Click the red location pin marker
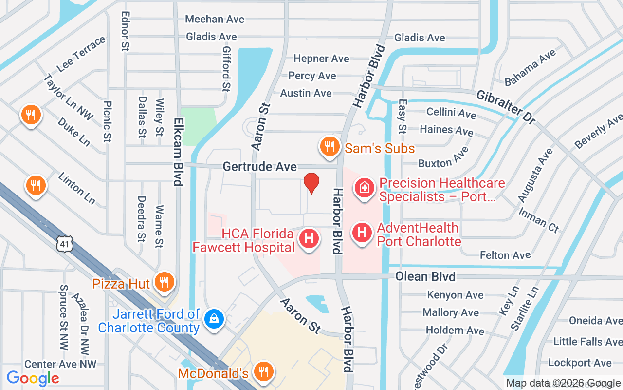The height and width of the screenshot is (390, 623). pyautogui.click(x=311, y=183)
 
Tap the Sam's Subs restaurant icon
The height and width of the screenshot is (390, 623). pyautogui.click(x=330, y=146)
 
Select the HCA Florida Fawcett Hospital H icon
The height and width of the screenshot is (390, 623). pyautogui.click(x=309, y=239)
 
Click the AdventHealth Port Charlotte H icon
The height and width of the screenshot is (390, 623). pyautogui.click(x=362, y=233)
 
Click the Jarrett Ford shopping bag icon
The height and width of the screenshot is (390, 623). pyautogui.click(x=213, y=319)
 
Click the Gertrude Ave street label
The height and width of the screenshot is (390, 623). pyautogui.click(x=259, y=167)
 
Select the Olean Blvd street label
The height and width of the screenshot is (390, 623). pyautogui.click(x=425, y=276)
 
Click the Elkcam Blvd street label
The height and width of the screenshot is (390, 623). pyautogui.click(x=178, y=152)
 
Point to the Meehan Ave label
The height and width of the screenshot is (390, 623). pyautogui.click(x=215, y=19)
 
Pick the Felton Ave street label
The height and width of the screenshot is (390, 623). pyautogui.click(x=505, y=255)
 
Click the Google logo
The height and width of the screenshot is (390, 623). pyautogui.click(x=33, y=378)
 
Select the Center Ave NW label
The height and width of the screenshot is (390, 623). pyautogui.click(x=60, y=364)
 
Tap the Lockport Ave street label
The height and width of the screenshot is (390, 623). pyautogui.click(x=580, y=363)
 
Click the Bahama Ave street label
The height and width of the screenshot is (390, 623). pyautogui.click(x=530, y=68)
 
